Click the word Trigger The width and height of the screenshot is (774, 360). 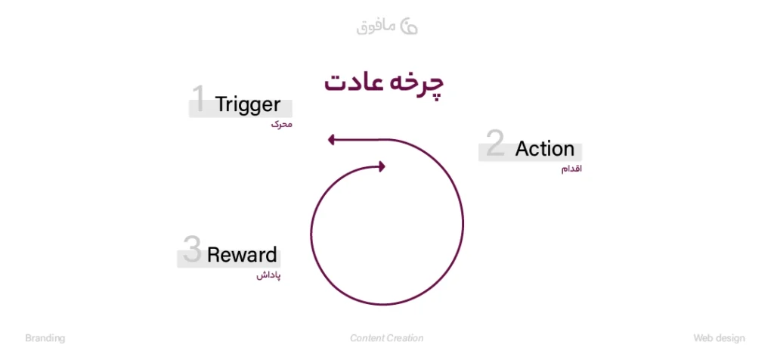(248, 105)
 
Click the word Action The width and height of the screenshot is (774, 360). (544, 149)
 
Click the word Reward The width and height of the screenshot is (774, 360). (242, 255)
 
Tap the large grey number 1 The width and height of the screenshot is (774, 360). (198, 100)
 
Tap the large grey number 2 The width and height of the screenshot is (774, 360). (495, 144)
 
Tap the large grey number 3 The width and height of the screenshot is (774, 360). (192, 250)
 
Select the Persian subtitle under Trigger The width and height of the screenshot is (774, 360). (281, 124)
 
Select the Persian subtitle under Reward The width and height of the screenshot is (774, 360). (268, 275)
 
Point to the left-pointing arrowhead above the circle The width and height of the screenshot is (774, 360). (332, 139)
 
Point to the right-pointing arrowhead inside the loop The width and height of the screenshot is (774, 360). (382, 166)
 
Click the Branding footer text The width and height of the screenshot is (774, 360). (45, 338)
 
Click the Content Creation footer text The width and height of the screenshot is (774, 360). (386, 338)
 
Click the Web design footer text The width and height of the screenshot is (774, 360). (719, 338)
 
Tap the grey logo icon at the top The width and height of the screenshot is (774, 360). (408, 25)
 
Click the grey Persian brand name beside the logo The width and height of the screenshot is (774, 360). (376, 26)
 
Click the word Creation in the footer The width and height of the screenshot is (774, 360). (406, 338)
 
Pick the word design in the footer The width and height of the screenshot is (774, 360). (730, 338)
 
